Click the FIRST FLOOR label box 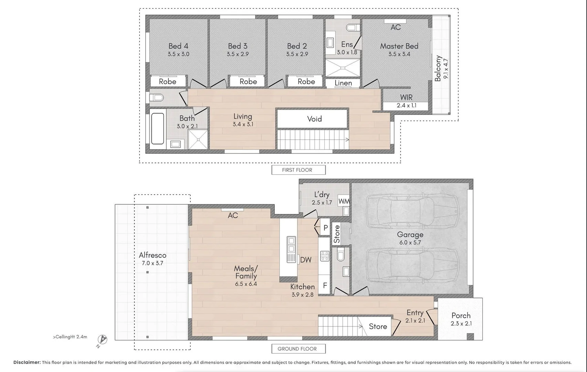[x=298, y=170]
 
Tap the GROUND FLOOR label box [x=298, y=349]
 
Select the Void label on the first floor [x=314, y=119]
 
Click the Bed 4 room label [x=178, y=46]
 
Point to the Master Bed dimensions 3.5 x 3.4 [x=399, y=54]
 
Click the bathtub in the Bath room [x=158, y=128]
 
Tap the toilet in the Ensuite [x=352, y=27]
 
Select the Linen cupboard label [x=343, y=83]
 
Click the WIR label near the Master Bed [x=406, y=97]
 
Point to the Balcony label [x=438, y=68]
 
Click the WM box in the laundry [x=344, y=201]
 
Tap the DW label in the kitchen [x=305, y=260]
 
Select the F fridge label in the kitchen [x=324, y=285]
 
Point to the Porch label [x=461, y=316]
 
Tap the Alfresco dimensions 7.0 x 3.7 [x=152, y=263]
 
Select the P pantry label [x=325, y=228]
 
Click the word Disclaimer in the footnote [x=27, y=362]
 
